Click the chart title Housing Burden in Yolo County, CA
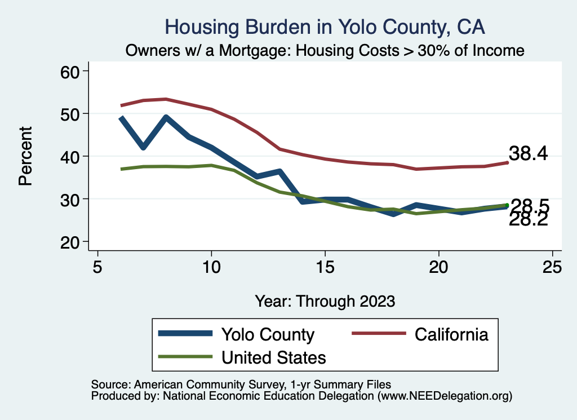pos(325,26)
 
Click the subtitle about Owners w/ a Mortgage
pos(325,51)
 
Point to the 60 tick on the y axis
pos(70,71)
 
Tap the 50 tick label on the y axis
pos(70,114)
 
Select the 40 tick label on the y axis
pos(70,156)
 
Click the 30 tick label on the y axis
pos(70,199)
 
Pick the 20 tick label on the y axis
pos(70,242)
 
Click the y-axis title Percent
pos(25,156)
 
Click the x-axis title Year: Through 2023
pos(325,300)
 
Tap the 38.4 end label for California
pos(529,153)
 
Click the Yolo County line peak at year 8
pos(166,117)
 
